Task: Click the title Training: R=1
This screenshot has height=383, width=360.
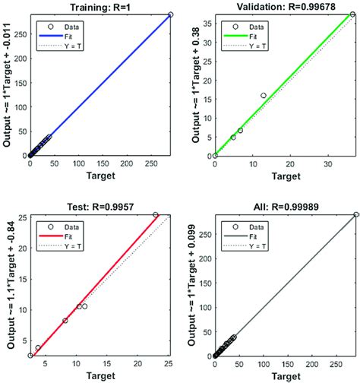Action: click(x=103, y=7)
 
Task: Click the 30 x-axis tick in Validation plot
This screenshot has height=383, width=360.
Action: click(x=327, y=163)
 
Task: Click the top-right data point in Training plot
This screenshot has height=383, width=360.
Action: click(x=170, y=14)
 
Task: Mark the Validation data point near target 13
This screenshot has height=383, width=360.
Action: click(x=264, y=96)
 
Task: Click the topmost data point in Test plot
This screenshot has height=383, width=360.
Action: click(x=156, y=215)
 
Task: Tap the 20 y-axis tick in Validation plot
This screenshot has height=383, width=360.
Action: click(x=207, y=78)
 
